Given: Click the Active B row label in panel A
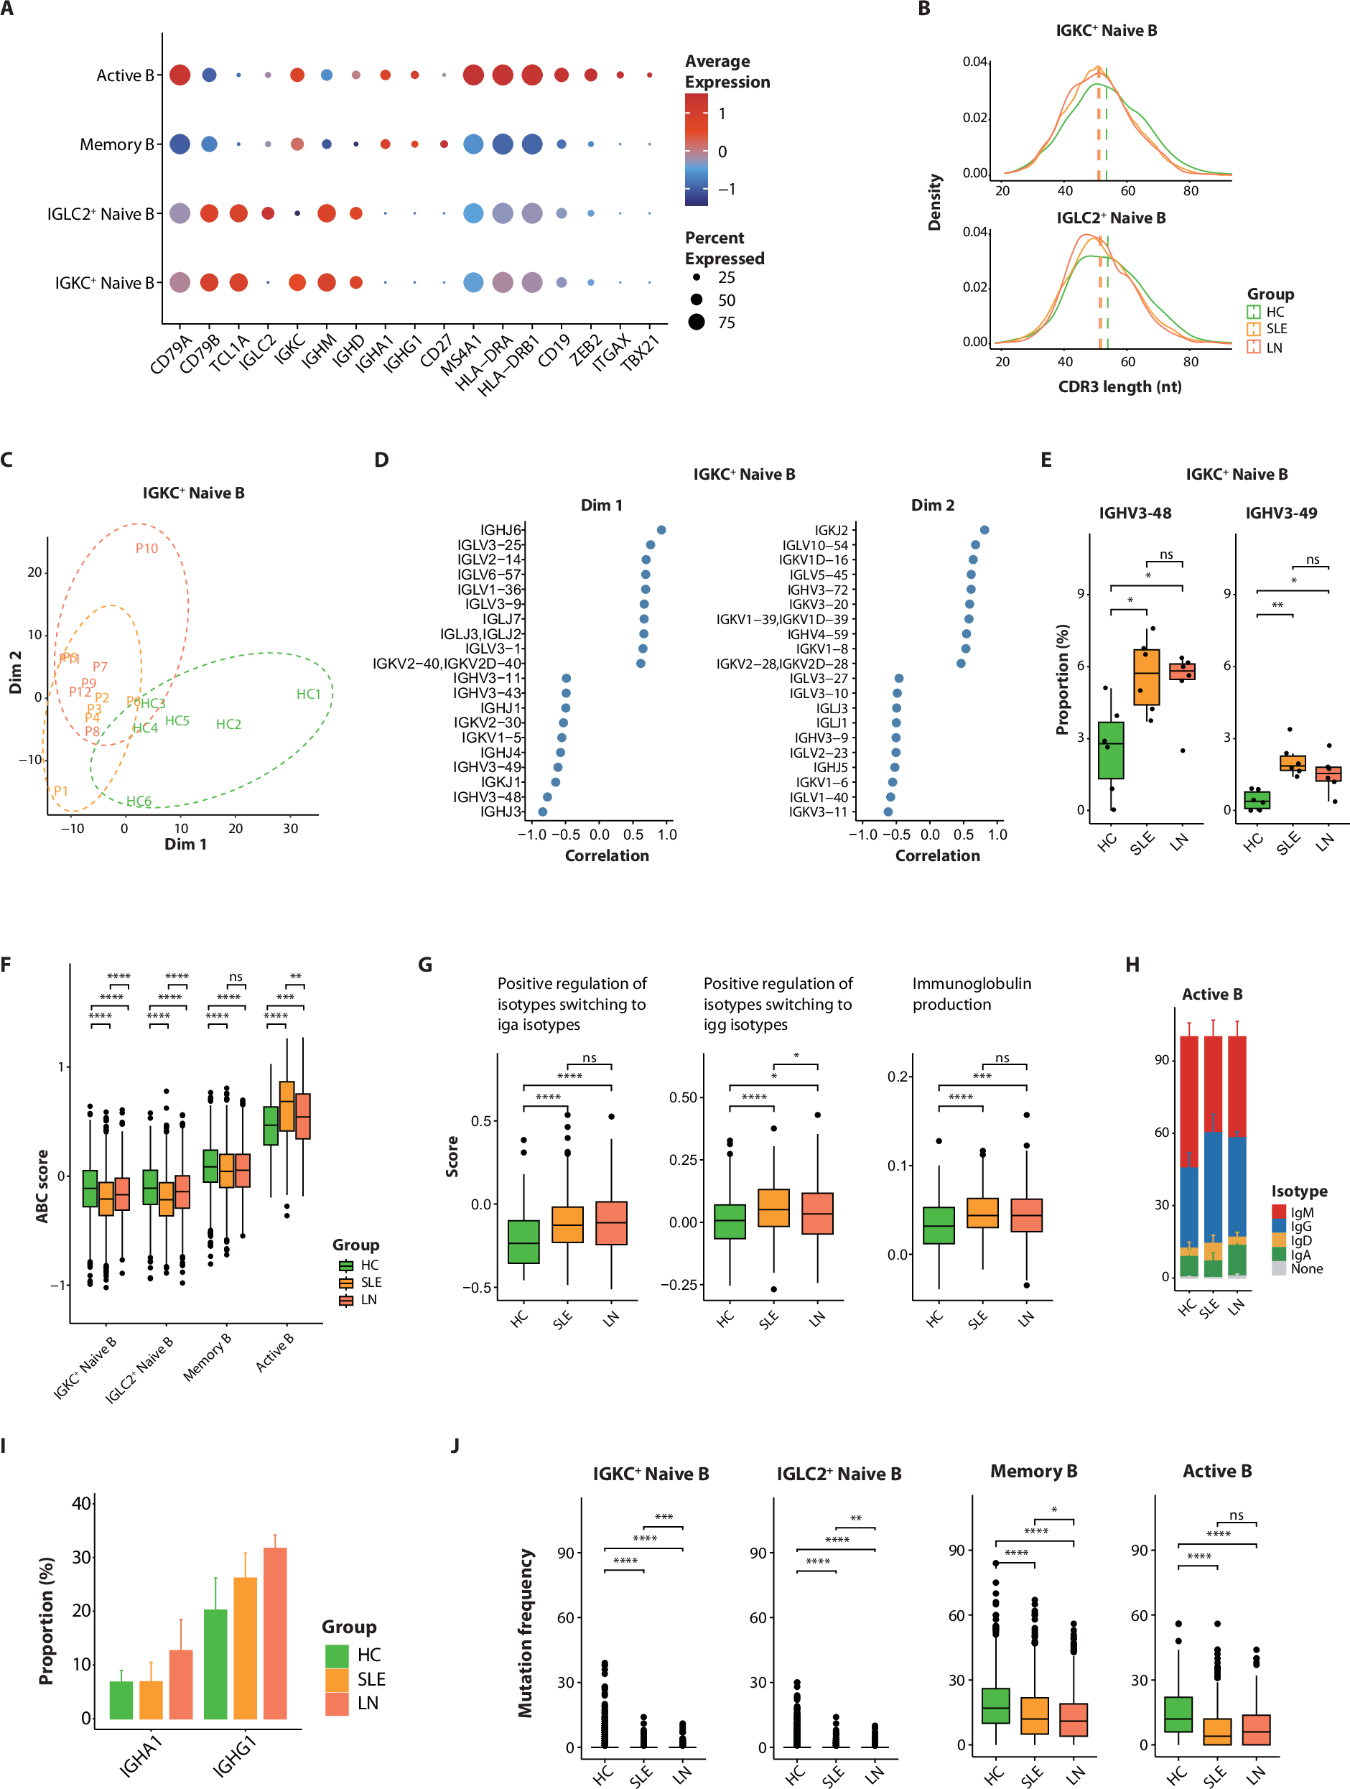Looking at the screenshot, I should [x=124, y=75].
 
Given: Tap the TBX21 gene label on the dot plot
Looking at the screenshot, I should [x=641, y=353].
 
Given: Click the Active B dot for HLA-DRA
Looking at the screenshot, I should [x=503, y=75].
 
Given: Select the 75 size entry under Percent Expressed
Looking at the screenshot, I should [x=727, y=322].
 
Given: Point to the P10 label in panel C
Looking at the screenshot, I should [x=146, y=549].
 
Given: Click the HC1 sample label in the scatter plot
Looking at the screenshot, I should [x=308, y=694].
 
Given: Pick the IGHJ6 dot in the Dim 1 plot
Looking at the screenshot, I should [x=661, y=530].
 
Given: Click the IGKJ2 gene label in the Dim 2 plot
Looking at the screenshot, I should [x=831, y=531].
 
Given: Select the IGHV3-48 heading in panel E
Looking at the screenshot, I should [x=1135, y=513].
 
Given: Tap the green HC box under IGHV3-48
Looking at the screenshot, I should [x=1111, y=750].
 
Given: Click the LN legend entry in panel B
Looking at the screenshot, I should [x=1274, y=348].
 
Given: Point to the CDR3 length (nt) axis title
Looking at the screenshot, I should [x=1119, y=386].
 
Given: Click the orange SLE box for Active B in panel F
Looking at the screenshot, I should [x=287, y=1105].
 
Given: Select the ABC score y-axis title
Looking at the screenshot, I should [x=42, y=1186].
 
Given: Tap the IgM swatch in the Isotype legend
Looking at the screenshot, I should [x=1279, y=1212].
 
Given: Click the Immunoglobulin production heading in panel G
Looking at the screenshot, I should [x=971, y=994].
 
